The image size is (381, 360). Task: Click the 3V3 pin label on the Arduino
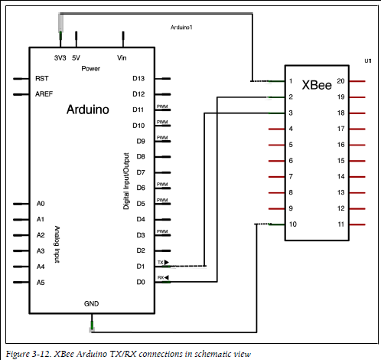[x=60, y=58]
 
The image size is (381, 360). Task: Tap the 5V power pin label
[x=76, y=58]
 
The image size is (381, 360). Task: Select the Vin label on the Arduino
[x=122, y=58]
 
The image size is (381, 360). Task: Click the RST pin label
[x=41, y=78]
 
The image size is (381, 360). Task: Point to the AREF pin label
[x=44, y=94]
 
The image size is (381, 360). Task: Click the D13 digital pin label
[x=138, y=78]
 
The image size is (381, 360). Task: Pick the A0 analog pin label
[x=41, y=204]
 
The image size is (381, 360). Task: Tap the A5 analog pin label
[x=41, y=283]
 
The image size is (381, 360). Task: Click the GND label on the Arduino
[x=91, y=303]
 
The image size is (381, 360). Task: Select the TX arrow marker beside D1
[x=167, y=262]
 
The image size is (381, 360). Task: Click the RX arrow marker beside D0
[x=167, y=277]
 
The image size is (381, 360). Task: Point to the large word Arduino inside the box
[x=88, y=110]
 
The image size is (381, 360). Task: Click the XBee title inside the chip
[x=317, y=85]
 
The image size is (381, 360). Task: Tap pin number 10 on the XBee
[x=292, y=224]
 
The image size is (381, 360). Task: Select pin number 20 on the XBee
[x=340, y=81]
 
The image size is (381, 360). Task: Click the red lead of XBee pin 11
[x=357, y=224]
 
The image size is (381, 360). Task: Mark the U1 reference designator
[x=368, y=61]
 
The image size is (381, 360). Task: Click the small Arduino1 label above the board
[x=181, y=28]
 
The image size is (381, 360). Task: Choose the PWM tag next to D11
[x=162, y=106]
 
